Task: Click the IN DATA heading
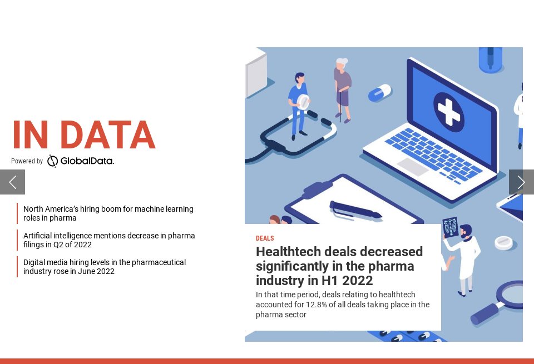pos(83,136)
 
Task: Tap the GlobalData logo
pos(81,161)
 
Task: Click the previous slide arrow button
pos(12,182)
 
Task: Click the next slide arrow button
pos(521,182)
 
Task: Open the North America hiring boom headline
pos(108,213)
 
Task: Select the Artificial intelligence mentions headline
pos(109,240)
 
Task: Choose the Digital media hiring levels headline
pos(105,267)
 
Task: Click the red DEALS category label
pos(265,238)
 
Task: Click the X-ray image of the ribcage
pos(450,227)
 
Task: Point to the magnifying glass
pos(503,300)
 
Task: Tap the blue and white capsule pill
pos(380,93)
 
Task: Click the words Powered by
pos(27,161)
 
